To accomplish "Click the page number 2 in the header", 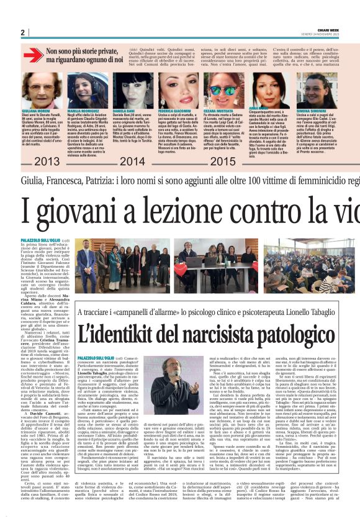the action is coord(22,32).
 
